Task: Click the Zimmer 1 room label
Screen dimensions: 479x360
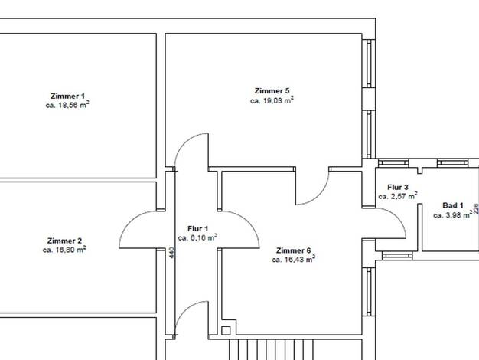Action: [x=67, y=96]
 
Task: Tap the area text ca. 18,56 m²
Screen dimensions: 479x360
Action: [x=67, y=105]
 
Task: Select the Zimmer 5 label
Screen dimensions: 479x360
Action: [x=272, y=91]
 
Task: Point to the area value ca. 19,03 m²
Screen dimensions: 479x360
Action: [x=272, y=100]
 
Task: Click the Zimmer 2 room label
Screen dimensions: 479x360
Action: [x=64, y=241]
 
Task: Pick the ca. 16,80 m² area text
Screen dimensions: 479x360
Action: [x=64, y=250]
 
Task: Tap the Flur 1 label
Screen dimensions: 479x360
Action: [x=197, y=228]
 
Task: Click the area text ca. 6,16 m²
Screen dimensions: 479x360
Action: [x=197, y=237]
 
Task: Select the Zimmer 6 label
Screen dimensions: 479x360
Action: [x=293, y=250]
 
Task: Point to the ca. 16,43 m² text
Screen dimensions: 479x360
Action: [x=293, y=260]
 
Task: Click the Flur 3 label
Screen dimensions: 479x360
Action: [x=397, y=187]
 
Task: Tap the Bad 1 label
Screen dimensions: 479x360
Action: [x=453, y=205]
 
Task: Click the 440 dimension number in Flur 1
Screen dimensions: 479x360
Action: [x=171, y=253]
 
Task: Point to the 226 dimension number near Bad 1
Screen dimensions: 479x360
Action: [x=476, y=208]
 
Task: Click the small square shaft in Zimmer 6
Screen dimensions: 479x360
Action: [x=226, y=330]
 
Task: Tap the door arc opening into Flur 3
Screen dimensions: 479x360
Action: [x=397, y=218]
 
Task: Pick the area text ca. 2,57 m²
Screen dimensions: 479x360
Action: [x=398, y=196]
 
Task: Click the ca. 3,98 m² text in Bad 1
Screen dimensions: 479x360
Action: [x=453, y=215]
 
